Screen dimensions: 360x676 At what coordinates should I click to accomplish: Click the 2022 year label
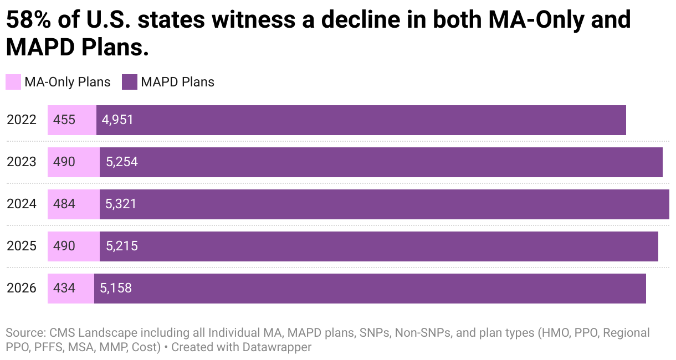tap(22, 120)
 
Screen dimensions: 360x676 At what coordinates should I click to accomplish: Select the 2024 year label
tap(22, 204)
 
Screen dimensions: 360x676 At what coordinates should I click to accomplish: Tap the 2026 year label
tap(22, 288)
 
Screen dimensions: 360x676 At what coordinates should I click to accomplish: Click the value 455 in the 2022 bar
tap(64, 120)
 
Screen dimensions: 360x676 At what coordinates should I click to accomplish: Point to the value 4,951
tap(117, 120)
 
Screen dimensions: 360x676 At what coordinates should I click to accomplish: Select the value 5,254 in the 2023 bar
tap(121, 162)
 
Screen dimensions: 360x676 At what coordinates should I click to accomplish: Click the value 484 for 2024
tap(64, 204)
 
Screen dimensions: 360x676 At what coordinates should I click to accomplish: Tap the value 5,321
tap(121, 204)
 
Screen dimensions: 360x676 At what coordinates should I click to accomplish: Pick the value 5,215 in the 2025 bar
tap(121, 246)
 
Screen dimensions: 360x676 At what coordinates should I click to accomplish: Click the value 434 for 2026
tap(64, 288)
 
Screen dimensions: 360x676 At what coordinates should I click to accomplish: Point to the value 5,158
tap(115, 288)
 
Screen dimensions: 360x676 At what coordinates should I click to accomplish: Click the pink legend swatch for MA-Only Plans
tap(13, 82)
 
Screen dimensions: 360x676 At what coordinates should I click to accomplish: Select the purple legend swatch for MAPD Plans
tap(129, 82)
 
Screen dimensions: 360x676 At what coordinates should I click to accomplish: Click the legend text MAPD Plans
tap(177, 82)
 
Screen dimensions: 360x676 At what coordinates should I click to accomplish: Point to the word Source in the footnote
tap(24, 333)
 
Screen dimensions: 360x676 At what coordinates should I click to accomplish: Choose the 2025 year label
tap(22, 246)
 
